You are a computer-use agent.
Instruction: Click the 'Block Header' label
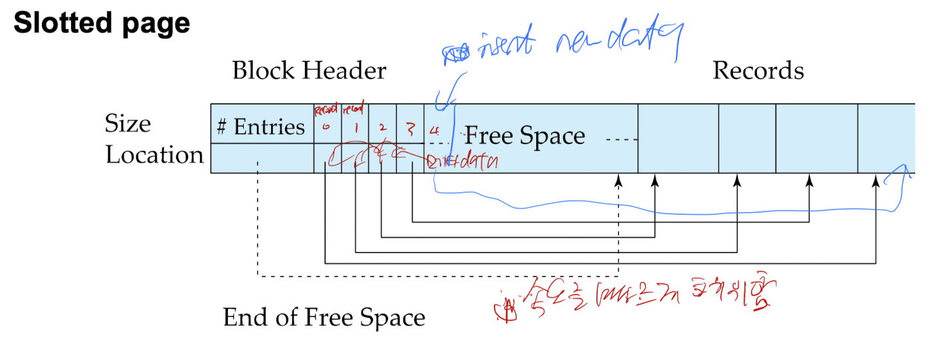tap(309, 70)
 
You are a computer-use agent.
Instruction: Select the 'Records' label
tap(758, 70)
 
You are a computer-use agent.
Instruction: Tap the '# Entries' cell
tap(261, 127)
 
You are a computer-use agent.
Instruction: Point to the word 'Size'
tap(128, 124)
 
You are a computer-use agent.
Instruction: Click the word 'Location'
tap(154, 155)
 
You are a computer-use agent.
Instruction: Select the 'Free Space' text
tap(525, 136)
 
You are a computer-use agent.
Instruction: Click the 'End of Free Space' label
tap(324, 318)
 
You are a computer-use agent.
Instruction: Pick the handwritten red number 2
tap(381, 127)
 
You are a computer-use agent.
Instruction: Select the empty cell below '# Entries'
tap(262, 159)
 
